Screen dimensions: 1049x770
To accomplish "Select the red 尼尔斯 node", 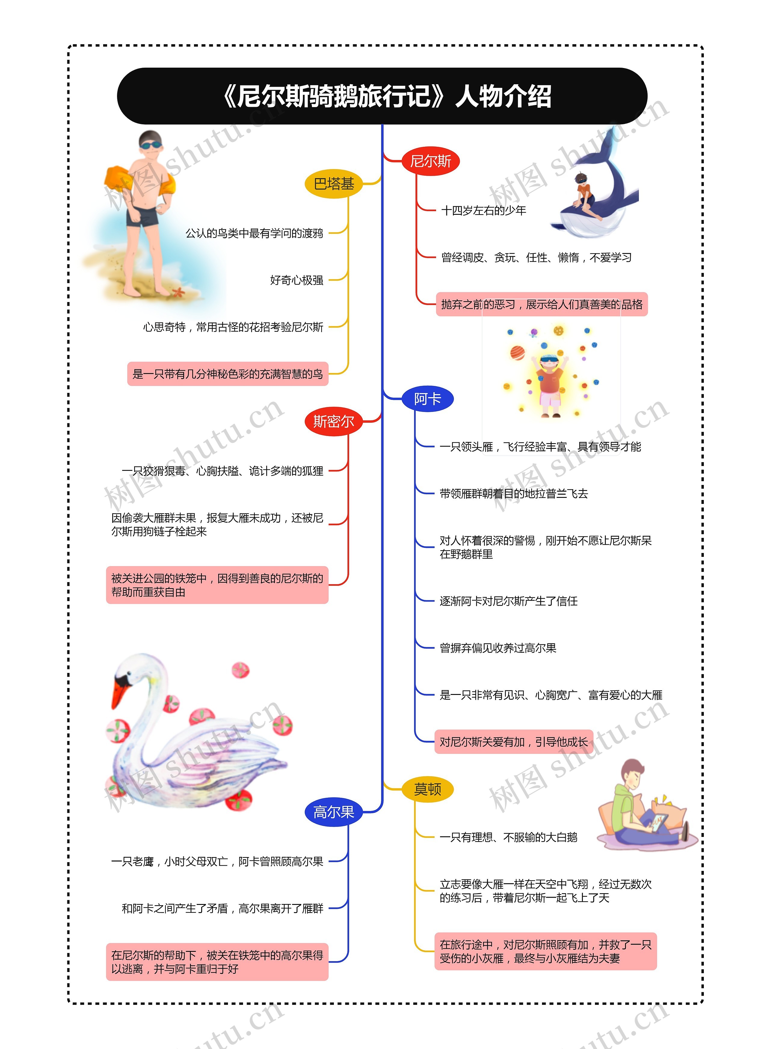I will pyautogui.click(x=430, y=161).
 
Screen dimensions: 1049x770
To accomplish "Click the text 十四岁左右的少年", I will pyautogui.click(x=483, y=211).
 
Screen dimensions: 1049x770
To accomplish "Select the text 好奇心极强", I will pyautogui.click(x=297, y=280).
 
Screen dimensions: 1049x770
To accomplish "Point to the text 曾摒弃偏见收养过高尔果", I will pyautogui.click(x=498, y=648).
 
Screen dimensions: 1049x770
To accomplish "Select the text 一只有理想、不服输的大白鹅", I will pyautogui.click(x=508, y=837).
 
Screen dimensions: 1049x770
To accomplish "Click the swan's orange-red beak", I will pyautogui.click(x=120, y=690).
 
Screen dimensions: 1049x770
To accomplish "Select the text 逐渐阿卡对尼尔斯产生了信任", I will pyautogui.click(x=508, y=601).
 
